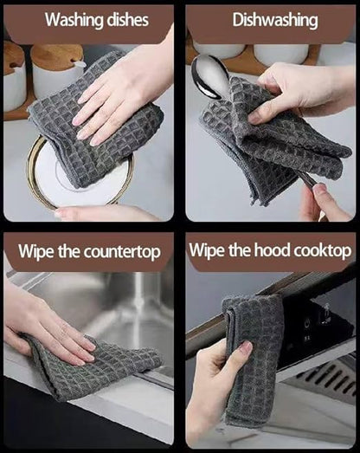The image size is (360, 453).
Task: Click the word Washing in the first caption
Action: tap(74, 20)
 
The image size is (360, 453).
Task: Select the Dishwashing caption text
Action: tap(275, 20)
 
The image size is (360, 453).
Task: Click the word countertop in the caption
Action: tap(122, 252)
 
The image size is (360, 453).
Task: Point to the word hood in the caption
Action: tap(272, 249)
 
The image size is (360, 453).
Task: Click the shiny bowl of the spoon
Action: tap(210, 75)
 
